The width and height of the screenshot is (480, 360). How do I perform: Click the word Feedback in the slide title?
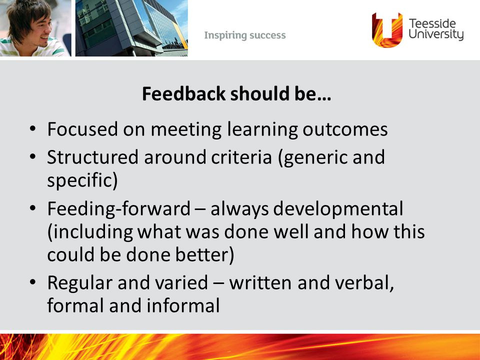click(183, 93)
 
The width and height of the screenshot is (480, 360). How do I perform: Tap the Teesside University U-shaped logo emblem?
click(387, 30)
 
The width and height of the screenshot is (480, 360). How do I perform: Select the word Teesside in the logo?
click(432, 23)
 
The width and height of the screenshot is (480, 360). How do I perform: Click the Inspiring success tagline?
click(245, 35)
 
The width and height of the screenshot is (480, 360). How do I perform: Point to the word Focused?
click(82, 129)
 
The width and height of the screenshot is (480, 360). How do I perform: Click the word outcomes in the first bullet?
click(345, 129)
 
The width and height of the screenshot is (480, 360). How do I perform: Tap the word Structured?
click(93, 157)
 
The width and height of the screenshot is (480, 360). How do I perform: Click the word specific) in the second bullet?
click(82, 180)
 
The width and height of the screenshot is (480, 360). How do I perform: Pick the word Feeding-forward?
click(119, 208)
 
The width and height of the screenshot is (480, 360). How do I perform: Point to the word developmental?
click(338, 209)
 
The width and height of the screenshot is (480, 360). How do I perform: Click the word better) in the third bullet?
click(204, 254)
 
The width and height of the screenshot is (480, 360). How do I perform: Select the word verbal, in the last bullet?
click(364, 282)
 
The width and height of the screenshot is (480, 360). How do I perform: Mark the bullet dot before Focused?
click(33, 128)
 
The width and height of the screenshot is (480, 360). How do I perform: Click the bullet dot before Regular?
click(33, 281)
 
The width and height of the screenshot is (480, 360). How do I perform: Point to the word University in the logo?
click(436, 34)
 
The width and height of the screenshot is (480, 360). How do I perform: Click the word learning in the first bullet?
click(262, 129)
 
